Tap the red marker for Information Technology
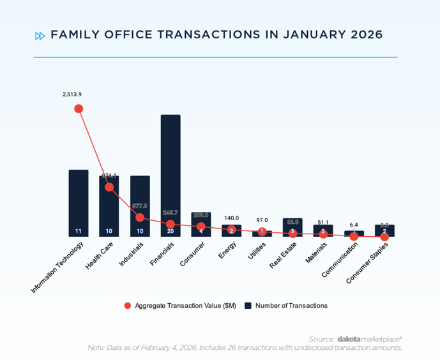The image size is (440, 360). coord(79,109)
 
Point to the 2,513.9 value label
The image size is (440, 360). coord(72,94)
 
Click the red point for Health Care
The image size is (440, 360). coord(109,187)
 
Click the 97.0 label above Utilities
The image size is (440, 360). coord(262,220)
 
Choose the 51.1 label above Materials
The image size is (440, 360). coord(323,222)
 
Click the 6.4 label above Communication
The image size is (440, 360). coord(354,225)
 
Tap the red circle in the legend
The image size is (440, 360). coord(128,306)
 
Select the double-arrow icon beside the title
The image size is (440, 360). coord(40,36)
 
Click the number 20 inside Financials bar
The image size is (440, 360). coord(171,231)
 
